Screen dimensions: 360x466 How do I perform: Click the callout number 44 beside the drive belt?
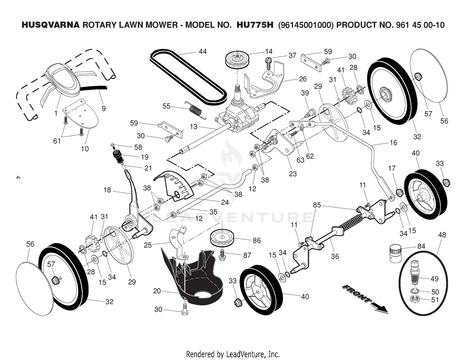[203, 51]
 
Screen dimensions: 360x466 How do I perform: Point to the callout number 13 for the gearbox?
[194, 126]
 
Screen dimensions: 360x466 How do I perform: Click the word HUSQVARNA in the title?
[51, 25]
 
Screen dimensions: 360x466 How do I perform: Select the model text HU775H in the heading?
[255, 25]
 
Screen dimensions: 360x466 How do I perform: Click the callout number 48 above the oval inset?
[442, 235]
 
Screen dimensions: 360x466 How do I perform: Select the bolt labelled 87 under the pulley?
[223, 255]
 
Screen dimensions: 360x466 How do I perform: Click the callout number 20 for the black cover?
[157, 291]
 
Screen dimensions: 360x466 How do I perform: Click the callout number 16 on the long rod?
[393, 143]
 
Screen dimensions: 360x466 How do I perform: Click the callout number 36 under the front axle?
[335, 256]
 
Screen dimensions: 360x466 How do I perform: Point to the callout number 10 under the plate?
[85, 149]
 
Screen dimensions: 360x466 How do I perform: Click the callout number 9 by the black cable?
[103, 108]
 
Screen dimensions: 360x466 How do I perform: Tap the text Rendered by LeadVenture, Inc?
[233, 354]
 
